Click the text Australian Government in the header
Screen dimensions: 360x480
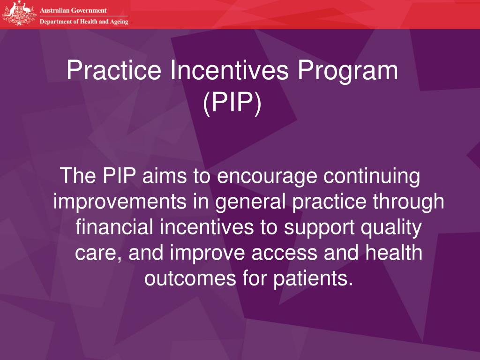click(73, 10)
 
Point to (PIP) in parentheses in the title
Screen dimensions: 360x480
click(232, 102)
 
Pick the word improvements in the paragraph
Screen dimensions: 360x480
click(120, 202)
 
